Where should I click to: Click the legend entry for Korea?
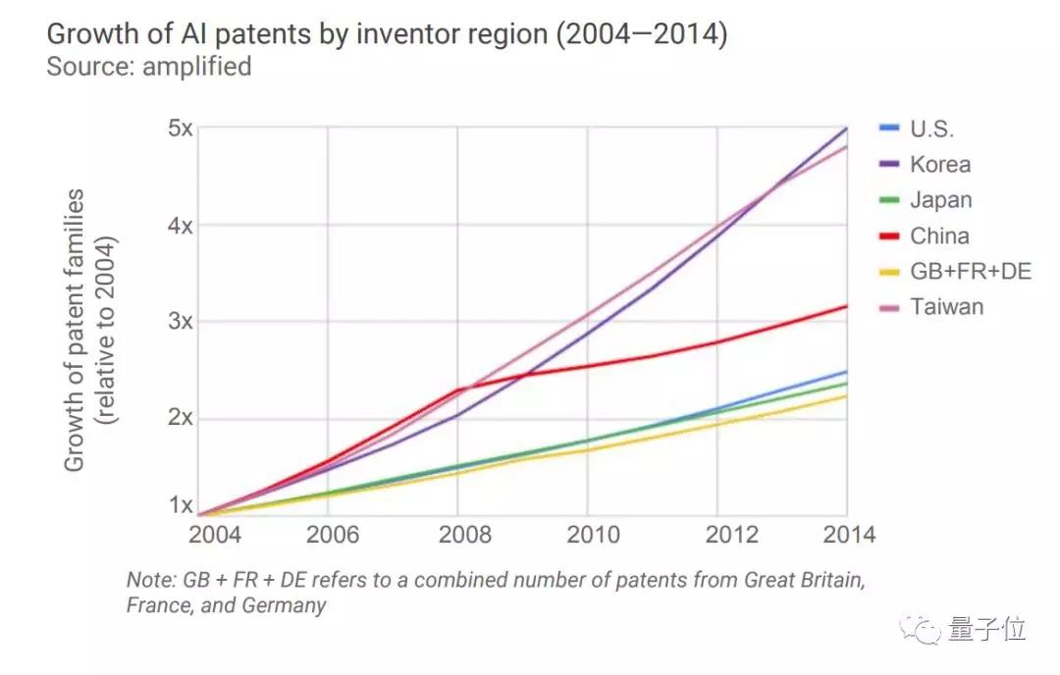click(x=939, y=165)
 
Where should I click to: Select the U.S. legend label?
click(x=931, y=129)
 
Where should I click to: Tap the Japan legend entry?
click(x=940, y=200)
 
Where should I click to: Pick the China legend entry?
click(x=939, y=235)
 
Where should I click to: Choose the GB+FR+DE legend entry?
click(x=970, y=271)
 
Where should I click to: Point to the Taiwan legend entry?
click(x=946, y=306)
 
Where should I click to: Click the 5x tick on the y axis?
click(x=180, y=129)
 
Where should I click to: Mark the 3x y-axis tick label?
click(x=180, y=322)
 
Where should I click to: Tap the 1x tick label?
click(x=180, y=506)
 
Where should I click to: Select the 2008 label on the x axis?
click(x=457, y=536)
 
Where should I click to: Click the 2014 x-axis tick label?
click(x=846, y=536)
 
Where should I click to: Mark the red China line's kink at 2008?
click(x=457, y=389)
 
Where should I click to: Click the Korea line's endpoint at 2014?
click(x=846, y=129)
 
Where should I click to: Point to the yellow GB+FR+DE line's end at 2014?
click(x=846, y=395)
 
